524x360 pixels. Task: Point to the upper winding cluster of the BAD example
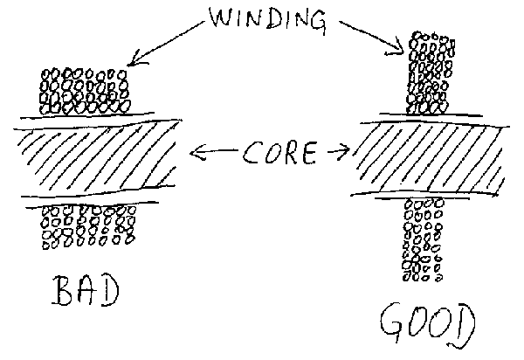[x=86, y=91]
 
